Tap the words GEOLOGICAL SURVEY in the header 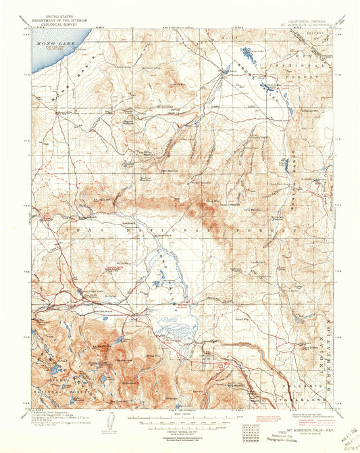coord(56,20)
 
